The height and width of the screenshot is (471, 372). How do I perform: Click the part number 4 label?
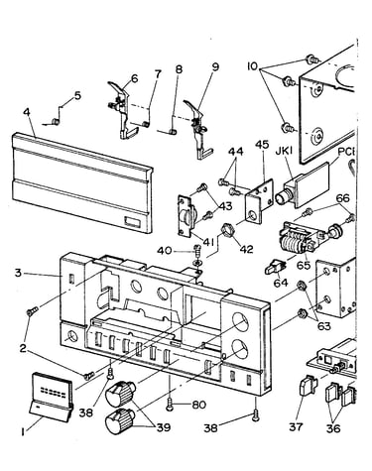[27, 112]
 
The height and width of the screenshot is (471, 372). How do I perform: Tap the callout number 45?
[262, 145]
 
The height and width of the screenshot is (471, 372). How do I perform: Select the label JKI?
[284, 151]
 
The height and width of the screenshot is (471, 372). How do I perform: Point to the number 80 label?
[198, 405]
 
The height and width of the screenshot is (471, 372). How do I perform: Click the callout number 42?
[246, 249]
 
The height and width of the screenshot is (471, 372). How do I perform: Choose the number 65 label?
[304, 265]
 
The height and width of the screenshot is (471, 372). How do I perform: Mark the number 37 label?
[296, 426]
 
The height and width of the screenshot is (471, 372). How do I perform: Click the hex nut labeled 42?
[226, 230]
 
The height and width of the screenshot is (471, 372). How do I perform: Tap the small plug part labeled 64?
[275, 267]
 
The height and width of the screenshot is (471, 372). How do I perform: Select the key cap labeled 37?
[308, 385]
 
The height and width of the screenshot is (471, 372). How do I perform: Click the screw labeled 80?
[170, 404]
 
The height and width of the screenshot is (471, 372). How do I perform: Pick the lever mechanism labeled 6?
[121, 110]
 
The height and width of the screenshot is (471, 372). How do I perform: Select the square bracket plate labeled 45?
[260, 201]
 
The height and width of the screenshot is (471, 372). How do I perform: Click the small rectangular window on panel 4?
[133, 222]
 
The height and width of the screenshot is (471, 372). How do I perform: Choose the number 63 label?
[323, 326]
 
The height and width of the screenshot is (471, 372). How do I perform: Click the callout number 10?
[253, 66]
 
